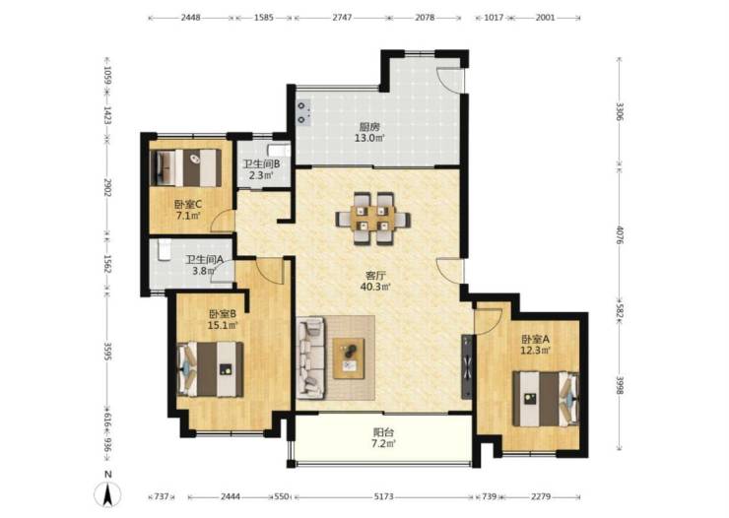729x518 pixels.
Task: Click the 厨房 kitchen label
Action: point(369,126)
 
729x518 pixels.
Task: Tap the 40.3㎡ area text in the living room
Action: point(375,287)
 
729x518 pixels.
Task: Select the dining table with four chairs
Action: point(373,218)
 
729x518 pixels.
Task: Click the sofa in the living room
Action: point(310,358)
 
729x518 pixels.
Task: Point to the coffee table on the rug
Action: point(349,358)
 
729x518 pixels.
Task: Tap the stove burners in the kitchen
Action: point(302,112)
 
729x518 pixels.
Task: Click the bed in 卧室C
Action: point(187,167)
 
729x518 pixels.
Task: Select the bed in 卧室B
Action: point(211,369)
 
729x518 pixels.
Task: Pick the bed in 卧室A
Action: point(546,399)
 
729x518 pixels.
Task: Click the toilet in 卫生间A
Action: point(165,250)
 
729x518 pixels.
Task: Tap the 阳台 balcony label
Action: point(383,432)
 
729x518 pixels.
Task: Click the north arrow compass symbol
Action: point(107,492)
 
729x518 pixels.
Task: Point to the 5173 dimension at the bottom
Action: point(383,496)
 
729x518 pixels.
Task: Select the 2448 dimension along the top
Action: point(190,18)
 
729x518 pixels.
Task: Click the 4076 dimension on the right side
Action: point(620,234)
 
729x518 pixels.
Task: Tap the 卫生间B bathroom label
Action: point(262,164)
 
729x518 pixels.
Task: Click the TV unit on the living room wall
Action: point(467,366)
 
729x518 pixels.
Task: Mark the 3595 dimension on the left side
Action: point(107,352)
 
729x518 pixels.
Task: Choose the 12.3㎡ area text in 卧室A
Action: point(536,351)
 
